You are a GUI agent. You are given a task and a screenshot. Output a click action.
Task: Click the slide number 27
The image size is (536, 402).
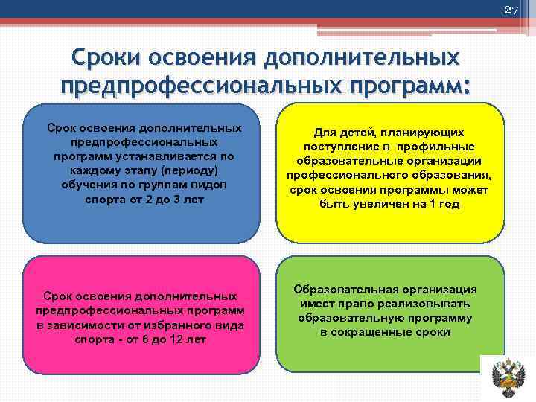coord(511,10)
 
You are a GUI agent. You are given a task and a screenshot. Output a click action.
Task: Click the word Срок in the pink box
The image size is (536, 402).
coord(61,296)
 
